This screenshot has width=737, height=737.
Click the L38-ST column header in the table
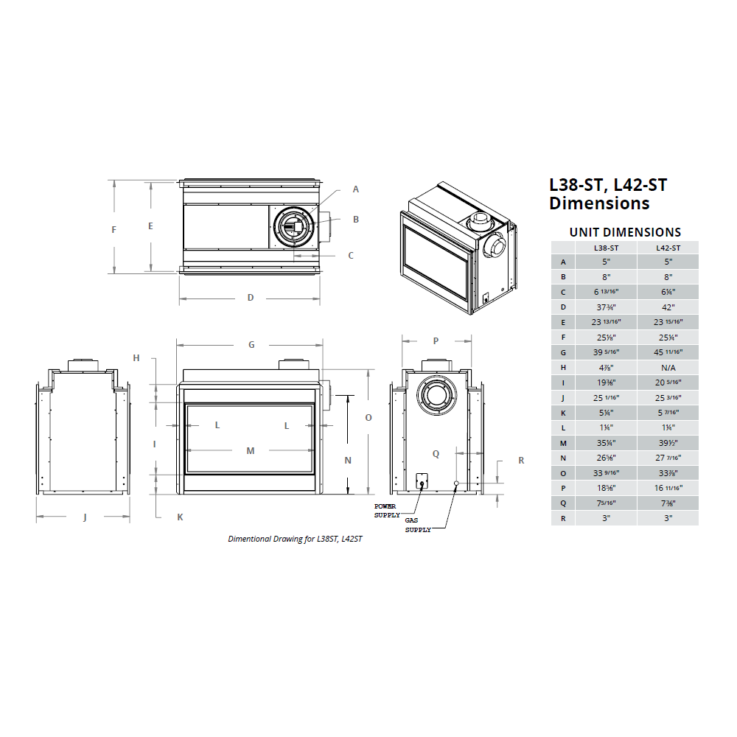[606, 248]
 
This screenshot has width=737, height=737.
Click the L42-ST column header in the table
[668, 248]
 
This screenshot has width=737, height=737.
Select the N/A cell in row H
[668, 366]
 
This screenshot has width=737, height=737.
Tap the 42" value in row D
[668, 307]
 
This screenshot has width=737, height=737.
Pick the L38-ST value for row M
[606, 442]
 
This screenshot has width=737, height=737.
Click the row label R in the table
[563, 517]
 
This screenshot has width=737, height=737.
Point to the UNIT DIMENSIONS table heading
[625, 232]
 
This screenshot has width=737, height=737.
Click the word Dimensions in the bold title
[600, 203]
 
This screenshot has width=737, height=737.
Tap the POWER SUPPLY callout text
[387, 511]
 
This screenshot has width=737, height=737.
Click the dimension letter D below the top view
[251, 298]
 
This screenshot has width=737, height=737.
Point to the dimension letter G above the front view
[251, 344]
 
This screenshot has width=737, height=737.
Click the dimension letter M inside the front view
[251, 450]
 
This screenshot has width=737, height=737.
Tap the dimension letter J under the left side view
[85, 517]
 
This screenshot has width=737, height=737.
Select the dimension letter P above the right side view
[436, 340]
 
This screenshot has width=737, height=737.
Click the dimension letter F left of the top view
[113, 229]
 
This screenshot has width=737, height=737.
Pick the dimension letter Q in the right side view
[436, 453]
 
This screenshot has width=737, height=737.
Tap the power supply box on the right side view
[422, 481]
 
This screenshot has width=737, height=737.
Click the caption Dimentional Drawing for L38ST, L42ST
[295, 539]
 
